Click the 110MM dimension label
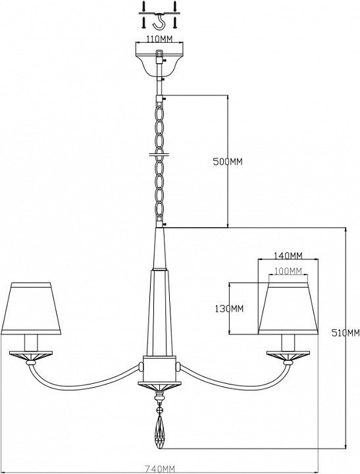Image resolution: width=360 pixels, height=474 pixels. (x=159, y=39)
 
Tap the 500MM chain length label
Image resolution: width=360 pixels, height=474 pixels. (x=228, y=161)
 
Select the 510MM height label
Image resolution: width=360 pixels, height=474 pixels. (x=346, y=333)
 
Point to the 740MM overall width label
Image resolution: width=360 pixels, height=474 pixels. (x=159, y=469)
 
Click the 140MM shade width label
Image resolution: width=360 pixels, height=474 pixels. (x=288, y=255)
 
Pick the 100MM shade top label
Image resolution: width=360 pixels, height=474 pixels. (x=288, y=271)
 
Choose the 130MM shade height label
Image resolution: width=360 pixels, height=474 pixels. (x=229, y=309)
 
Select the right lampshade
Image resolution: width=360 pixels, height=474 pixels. (x=288, y=309)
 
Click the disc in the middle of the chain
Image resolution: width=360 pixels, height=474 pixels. (x=159, y=155)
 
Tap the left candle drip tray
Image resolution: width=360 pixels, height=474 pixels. (x=31, y=355)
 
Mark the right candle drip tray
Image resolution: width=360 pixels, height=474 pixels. (x=288, y=355)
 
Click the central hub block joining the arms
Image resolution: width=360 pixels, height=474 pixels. (x=159, y=369)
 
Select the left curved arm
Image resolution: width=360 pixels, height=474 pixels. (x=82, y=380)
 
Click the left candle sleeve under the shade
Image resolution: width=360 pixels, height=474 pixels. (x=31, y=343)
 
